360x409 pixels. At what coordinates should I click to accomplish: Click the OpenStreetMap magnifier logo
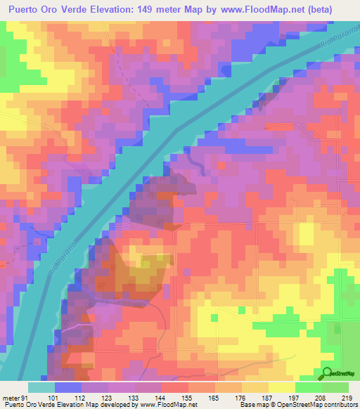[328, 373]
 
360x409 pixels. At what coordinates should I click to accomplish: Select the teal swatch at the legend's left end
[41, 387]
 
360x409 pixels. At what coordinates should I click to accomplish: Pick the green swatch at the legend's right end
[335, 387]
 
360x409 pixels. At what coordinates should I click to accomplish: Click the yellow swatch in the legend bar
[282, 387]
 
